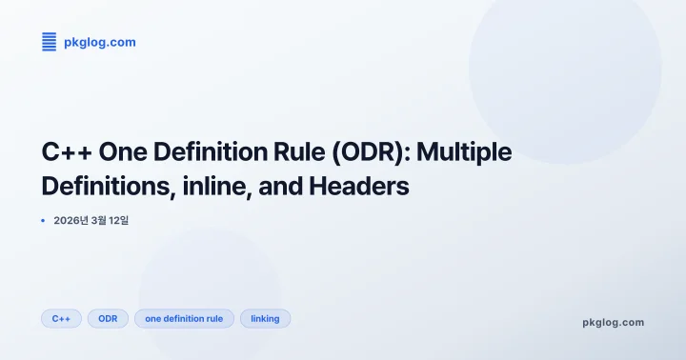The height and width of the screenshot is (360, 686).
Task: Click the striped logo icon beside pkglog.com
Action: tap(49, 42)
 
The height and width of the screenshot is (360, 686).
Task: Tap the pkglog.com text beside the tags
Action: tap(613, 322)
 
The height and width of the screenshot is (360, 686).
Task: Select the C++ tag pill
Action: tap(61, 319)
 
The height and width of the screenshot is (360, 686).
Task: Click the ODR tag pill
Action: tap(108, 319)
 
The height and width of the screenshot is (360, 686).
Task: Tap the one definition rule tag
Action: tap(184, 319)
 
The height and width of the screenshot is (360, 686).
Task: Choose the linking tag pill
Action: tap(265, 319)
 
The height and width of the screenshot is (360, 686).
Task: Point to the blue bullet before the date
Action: tap(43, 221)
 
